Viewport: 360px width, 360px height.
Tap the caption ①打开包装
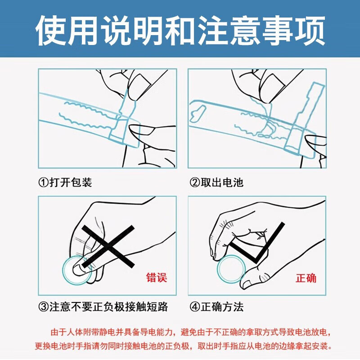65,182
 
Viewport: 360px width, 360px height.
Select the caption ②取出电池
216,182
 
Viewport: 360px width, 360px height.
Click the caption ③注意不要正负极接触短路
103,307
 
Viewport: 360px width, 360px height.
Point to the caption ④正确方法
216,307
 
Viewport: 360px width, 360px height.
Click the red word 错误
157,277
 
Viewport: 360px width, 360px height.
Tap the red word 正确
306,277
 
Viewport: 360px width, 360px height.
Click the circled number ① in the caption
43,182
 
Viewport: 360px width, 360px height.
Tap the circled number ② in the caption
194,182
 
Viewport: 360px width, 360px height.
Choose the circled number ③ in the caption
43,307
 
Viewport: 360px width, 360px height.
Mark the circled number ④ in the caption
194,307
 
